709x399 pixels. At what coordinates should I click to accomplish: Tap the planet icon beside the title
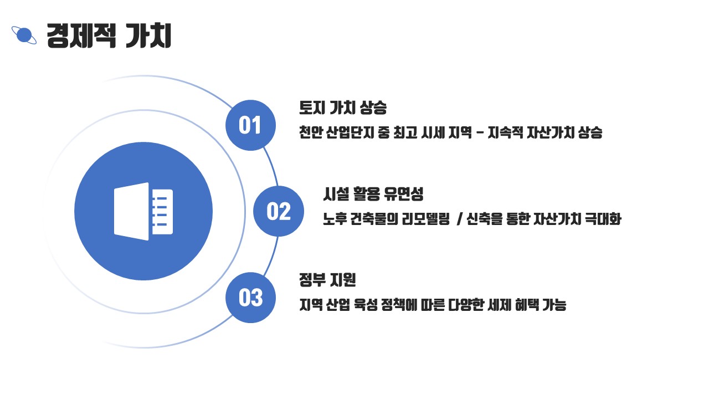pos(24,35)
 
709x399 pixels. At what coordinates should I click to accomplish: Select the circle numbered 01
pos(250,125)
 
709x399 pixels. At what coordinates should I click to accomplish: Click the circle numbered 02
pos(279,211)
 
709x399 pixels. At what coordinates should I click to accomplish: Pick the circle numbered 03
pos(250,298)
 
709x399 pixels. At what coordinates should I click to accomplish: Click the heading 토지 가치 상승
pos(342,107)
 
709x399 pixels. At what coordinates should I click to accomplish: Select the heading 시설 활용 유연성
pos(373,194)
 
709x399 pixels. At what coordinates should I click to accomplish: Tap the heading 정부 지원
pos(327,280)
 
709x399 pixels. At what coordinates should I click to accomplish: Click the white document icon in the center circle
pos(143,211)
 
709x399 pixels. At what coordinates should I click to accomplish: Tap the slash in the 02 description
pos(460,219)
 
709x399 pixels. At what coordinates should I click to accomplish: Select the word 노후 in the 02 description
pos(335,219)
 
